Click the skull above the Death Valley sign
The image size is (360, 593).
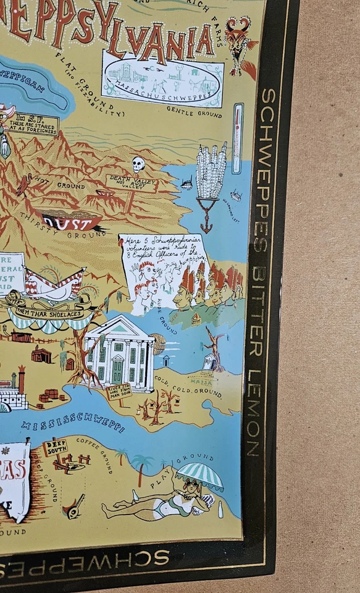[x=138, y=164]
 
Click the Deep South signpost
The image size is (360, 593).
[x=55, y=448]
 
